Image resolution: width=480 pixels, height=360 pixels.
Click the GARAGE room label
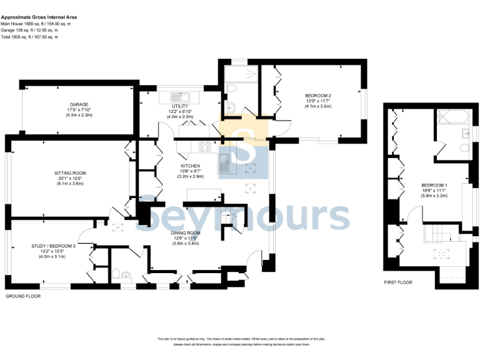79,104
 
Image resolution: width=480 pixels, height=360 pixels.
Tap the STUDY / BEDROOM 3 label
53,246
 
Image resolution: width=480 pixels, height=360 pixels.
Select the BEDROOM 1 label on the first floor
434,185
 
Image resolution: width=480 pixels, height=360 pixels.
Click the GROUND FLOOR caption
23,296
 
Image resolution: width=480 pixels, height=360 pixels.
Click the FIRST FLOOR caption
398,282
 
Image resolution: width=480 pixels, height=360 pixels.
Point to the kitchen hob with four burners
204,147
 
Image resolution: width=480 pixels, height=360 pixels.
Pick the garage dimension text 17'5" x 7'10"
79,110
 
